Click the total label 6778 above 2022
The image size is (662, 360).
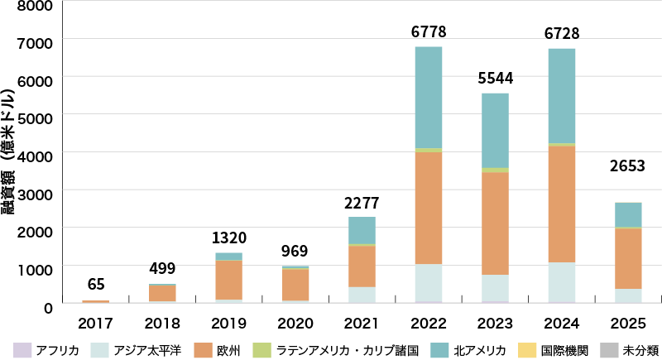(427, 32)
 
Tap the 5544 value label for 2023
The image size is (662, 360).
(496, 79)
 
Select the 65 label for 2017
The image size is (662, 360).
(95, 286)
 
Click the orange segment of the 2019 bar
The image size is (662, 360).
(228, 280)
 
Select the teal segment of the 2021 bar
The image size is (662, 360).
(362, 230)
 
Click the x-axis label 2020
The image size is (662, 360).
(295, 322)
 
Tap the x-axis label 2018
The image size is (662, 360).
(162, 322)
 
